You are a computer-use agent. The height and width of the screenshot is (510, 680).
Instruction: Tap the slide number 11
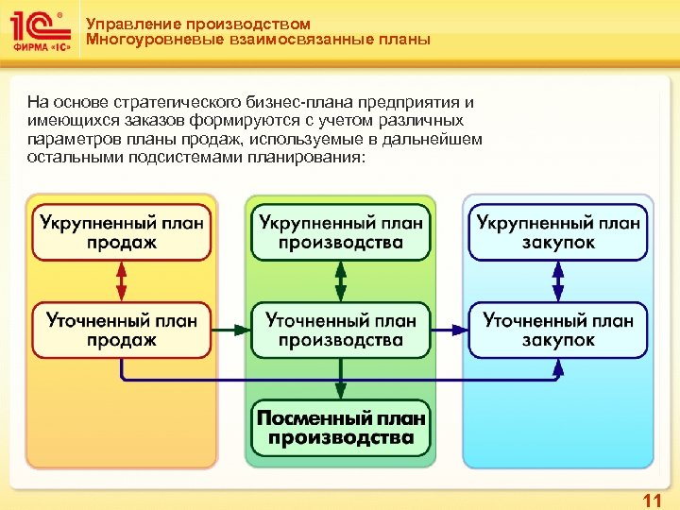(652, 498)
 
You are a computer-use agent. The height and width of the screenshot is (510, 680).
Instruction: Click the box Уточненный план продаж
(122, 330)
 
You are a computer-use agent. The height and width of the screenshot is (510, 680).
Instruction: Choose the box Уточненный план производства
(340, 330)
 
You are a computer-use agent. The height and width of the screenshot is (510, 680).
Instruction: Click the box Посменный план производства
(340, 428)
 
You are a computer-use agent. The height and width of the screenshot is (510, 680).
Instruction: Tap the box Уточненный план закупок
(558, 330)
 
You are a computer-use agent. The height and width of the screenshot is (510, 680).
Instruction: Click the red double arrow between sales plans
(122, 281)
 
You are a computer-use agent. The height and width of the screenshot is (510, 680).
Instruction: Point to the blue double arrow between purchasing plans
(558, 281)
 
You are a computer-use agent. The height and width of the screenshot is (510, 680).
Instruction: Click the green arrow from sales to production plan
(230, 331)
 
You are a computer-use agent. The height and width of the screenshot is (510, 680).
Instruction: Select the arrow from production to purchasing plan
(449, 331)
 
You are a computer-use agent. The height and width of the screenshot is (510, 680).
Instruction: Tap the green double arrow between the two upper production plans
(340, 281)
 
